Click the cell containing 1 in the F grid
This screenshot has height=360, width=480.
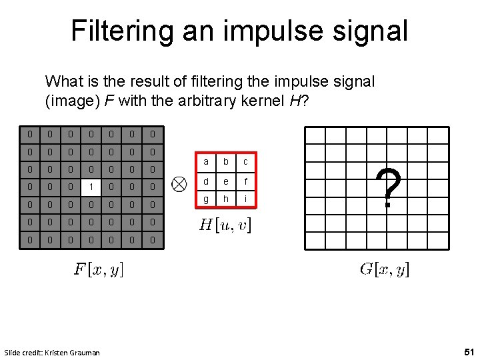[x=91, y=187]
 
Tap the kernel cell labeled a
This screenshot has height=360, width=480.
[x=206, y=162]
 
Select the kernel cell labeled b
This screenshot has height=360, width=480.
[x=225, y=162]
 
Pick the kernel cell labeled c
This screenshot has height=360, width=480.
[x=245, y=162]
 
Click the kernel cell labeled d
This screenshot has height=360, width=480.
[x=206, y=181]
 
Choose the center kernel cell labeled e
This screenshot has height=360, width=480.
[x=225, y=181]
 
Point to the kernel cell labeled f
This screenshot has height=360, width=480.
[x=245, y=181]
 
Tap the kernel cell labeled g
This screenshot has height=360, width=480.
[x=206, y=199]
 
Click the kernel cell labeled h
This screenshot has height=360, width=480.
[x=225, y=199]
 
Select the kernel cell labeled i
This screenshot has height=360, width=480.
[x=245, y=199]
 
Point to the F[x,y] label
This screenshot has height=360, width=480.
[x=98, y=270]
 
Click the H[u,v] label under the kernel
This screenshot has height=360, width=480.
[x=225, y=225]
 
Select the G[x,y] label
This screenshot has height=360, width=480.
[x=385, y=269]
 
